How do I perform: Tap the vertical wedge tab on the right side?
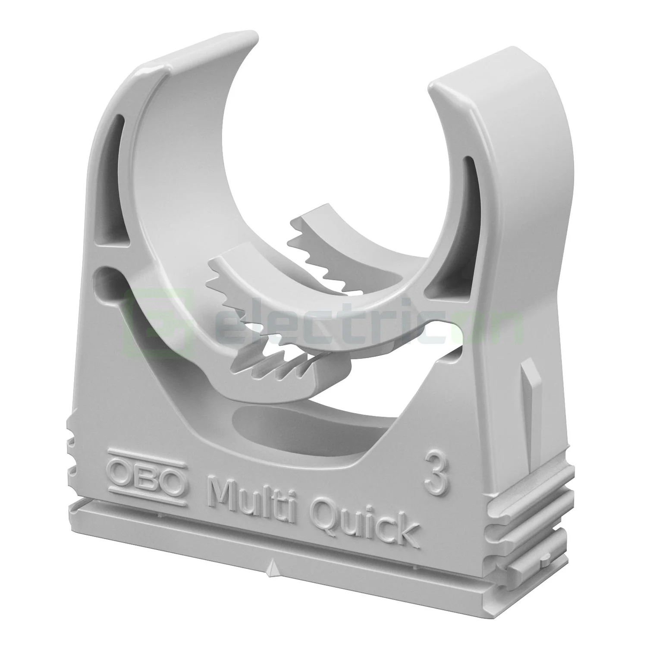[x=530, y=388]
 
